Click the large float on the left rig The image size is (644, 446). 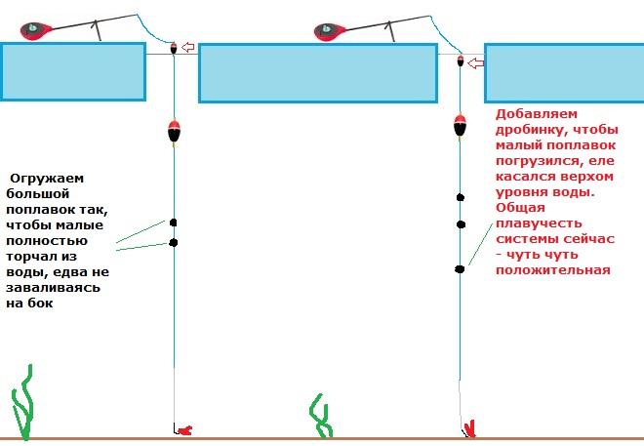[174, 130]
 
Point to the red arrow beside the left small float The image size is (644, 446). [188, 47]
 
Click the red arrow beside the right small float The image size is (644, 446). [475, 63]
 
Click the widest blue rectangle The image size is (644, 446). [317, 72]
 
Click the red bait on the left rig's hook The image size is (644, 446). [185, 429]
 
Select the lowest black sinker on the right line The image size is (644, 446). [460, 268]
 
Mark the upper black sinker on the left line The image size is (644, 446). [174, 223]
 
